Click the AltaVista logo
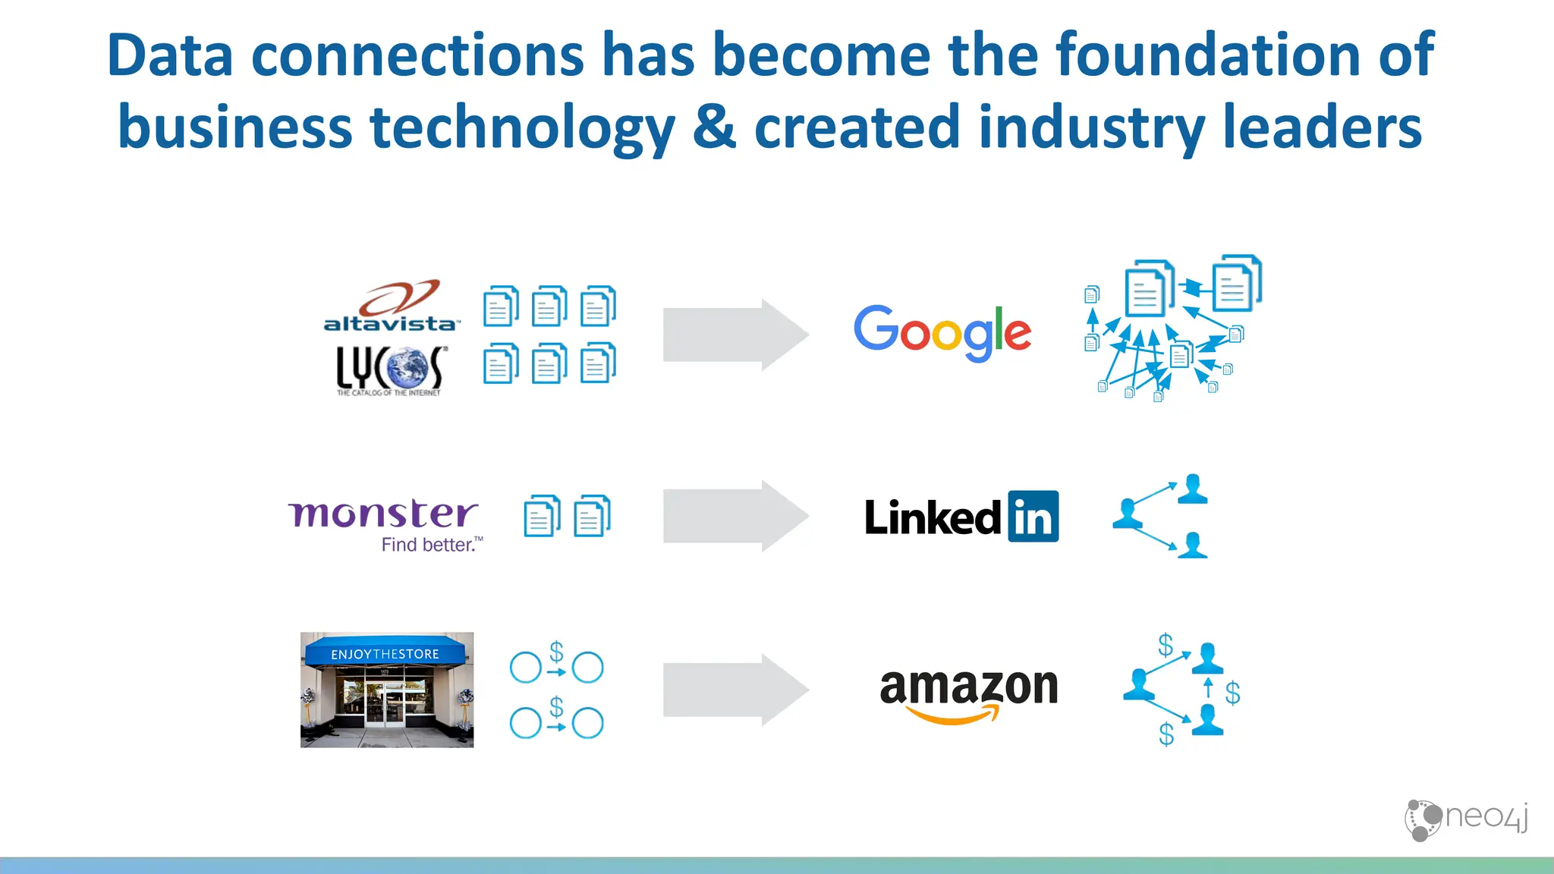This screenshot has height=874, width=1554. [x=391, y=307]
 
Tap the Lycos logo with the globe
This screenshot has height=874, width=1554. [x=391, y=370]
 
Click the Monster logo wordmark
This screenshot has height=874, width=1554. [x=383, y=514]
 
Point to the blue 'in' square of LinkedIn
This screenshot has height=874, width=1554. [x=1033, y=517]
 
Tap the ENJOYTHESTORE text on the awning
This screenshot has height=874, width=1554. [x=385, y=654]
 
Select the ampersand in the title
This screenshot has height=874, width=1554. [x=714, y=126]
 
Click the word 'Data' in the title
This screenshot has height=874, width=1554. [x=170, y=55]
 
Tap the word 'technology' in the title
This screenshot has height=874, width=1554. [x=522, y=127]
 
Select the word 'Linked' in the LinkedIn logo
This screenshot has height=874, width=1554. [x=933, y=517]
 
